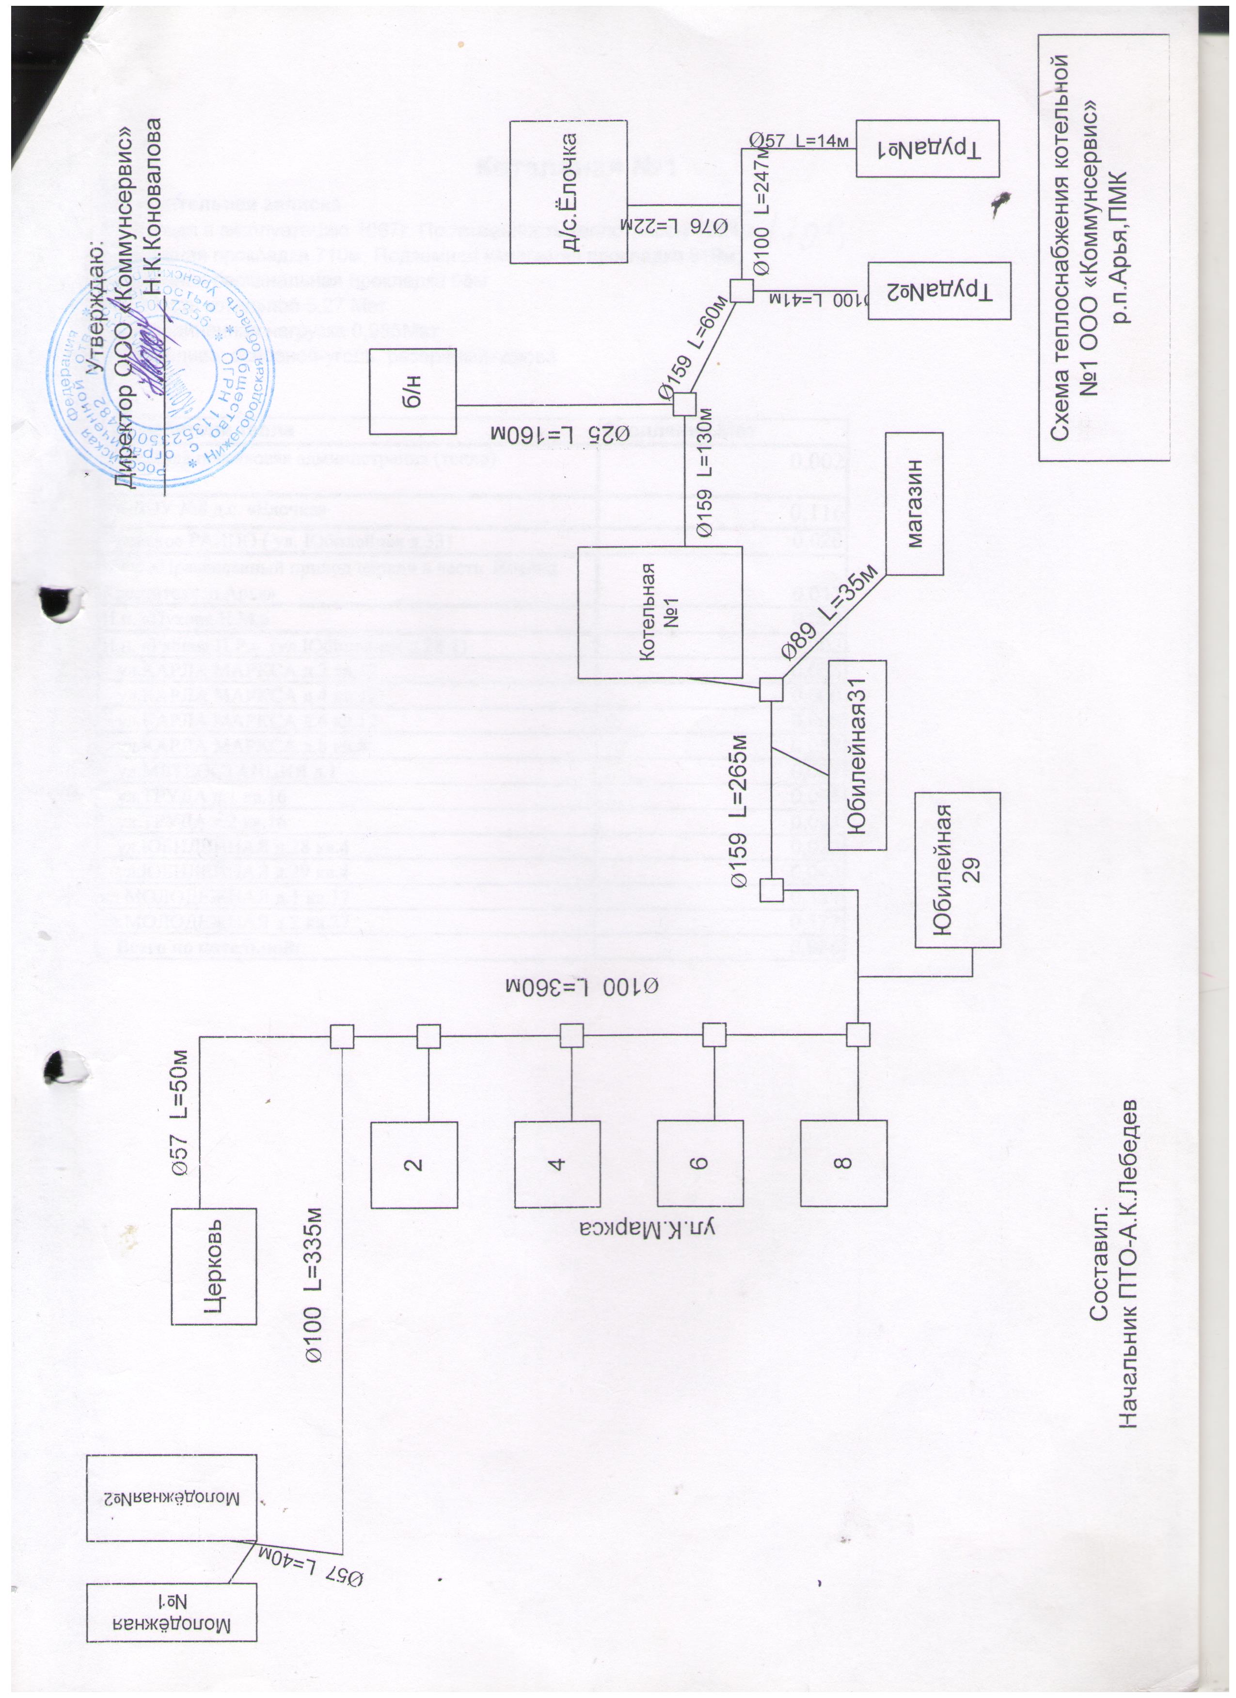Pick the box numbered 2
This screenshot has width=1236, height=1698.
tap(414, 1164)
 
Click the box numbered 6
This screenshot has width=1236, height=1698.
tap(699, 1164)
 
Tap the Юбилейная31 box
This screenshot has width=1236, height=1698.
tap(856, 755)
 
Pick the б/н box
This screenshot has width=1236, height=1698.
tap(414, 391)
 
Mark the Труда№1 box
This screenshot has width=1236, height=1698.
tap(928, 148)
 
